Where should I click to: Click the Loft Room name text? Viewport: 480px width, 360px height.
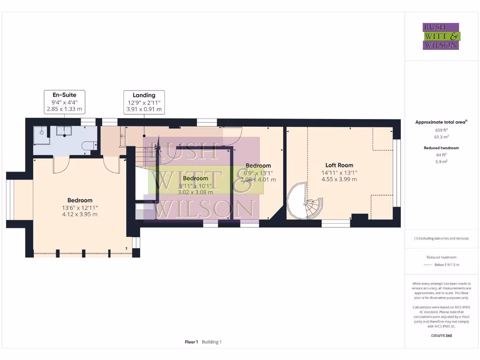click(339, 165)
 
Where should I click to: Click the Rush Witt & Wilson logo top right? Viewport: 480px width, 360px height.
click(441, 36)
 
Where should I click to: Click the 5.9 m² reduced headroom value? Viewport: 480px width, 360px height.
click(441, 161)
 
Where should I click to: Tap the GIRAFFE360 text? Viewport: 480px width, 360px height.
click(441, 336)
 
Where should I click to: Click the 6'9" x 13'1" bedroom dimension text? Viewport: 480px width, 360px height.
click(258, 172)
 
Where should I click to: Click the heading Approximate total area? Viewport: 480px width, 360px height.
click(441, 122)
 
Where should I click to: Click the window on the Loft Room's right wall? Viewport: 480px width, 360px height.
click(397, 173)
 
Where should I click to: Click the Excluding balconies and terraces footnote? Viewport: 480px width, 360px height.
click(441, 238)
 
